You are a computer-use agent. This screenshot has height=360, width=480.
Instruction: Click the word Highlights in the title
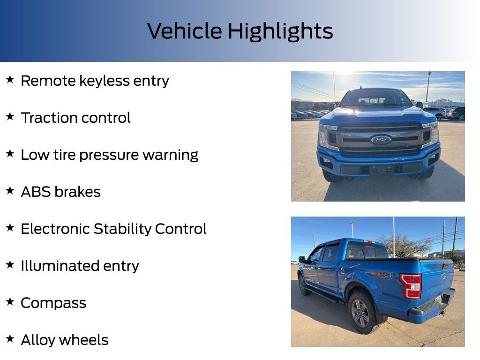coord(280,31)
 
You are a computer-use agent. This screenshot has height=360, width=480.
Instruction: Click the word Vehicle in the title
coord(185,31)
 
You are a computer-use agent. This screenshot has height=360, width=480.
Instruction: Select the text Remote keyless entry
coord(95,81)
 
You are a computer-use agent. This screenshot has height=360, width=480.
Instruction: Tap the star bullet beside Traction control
coord(10,117)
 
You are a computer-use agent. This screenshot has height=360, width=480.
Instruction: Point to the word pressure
coord(139,155)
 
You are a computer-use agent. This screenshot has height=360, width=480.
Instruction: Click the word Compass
coord(53,303)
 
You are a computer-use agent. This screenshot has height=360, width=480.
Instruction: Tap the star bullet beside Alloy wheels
coord(10,339)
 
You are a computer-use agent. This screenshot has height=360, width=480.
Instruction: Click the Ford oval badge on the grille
coord(381,140)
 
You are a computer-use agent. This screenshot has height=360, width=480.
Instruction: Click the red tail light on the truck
coord(411,285)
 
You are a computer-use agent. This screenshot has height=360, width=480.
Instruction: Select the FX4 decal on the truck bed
coord(382,275)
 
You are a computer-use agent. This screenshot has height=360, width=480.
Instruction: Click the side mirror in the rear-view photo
coord(302,259)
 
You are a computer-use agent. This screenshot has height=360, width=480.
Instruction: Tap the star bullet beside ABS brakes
coord(10,191)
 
